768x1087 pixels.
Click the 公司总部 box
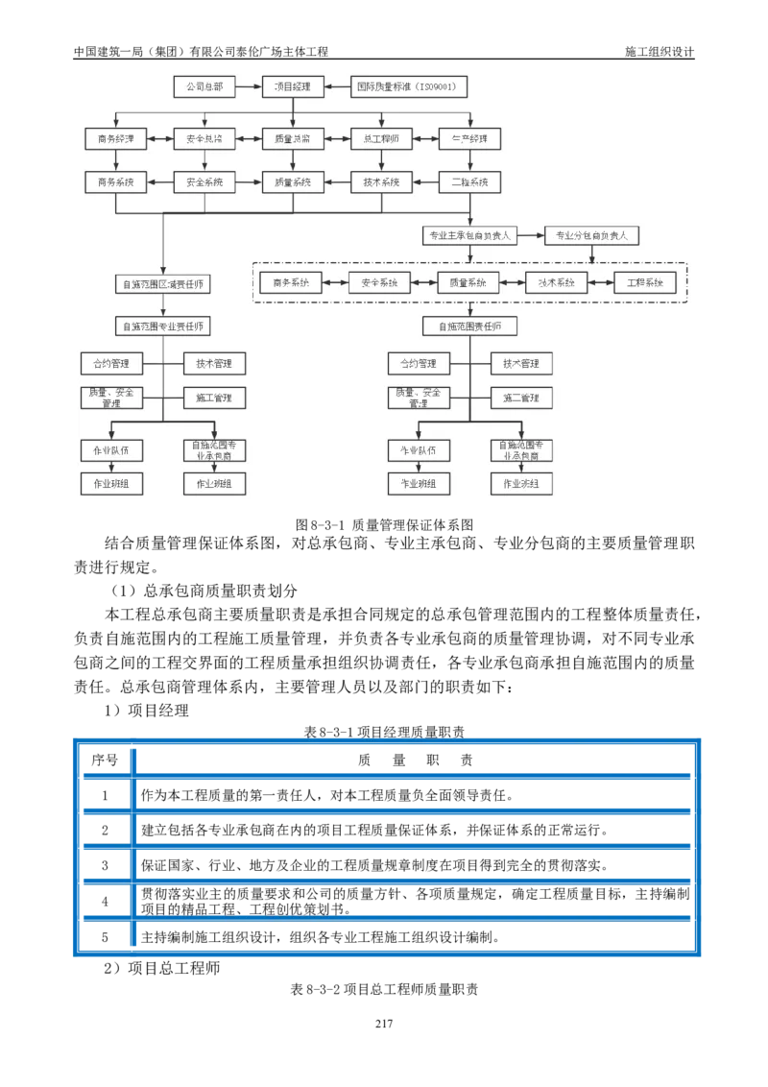point(204,86)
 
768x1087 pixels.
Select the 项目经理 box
point(293,86)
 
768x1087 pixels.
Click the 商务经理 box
point(114,139)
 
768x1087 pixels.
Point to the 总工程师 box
point(381,139)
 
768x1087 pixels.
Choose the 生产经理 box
point(469,139)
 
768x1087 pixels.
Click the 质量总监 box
point(293,139)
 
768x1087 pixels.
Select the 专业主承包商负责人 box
point(469,235)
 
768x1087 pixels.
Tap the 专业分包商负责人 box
point(591,235)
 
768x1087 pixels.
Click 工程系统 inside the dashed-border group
point(645,283)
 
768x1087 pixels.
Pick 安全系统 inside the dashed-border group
point(379,283)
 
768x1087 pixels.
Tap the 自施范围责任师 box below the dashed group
point(469,326)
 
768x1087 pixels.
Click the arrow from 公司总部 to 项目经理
point(248,86)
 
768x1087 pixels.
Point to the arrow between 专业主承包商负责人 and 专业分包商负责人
point(531,235)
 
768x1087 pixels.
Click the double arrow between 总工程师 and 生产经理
point(425,139)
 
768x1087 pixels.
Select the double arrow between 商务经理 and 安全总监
point(159,139)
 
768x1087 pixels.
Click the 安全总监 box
point(204,139)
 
